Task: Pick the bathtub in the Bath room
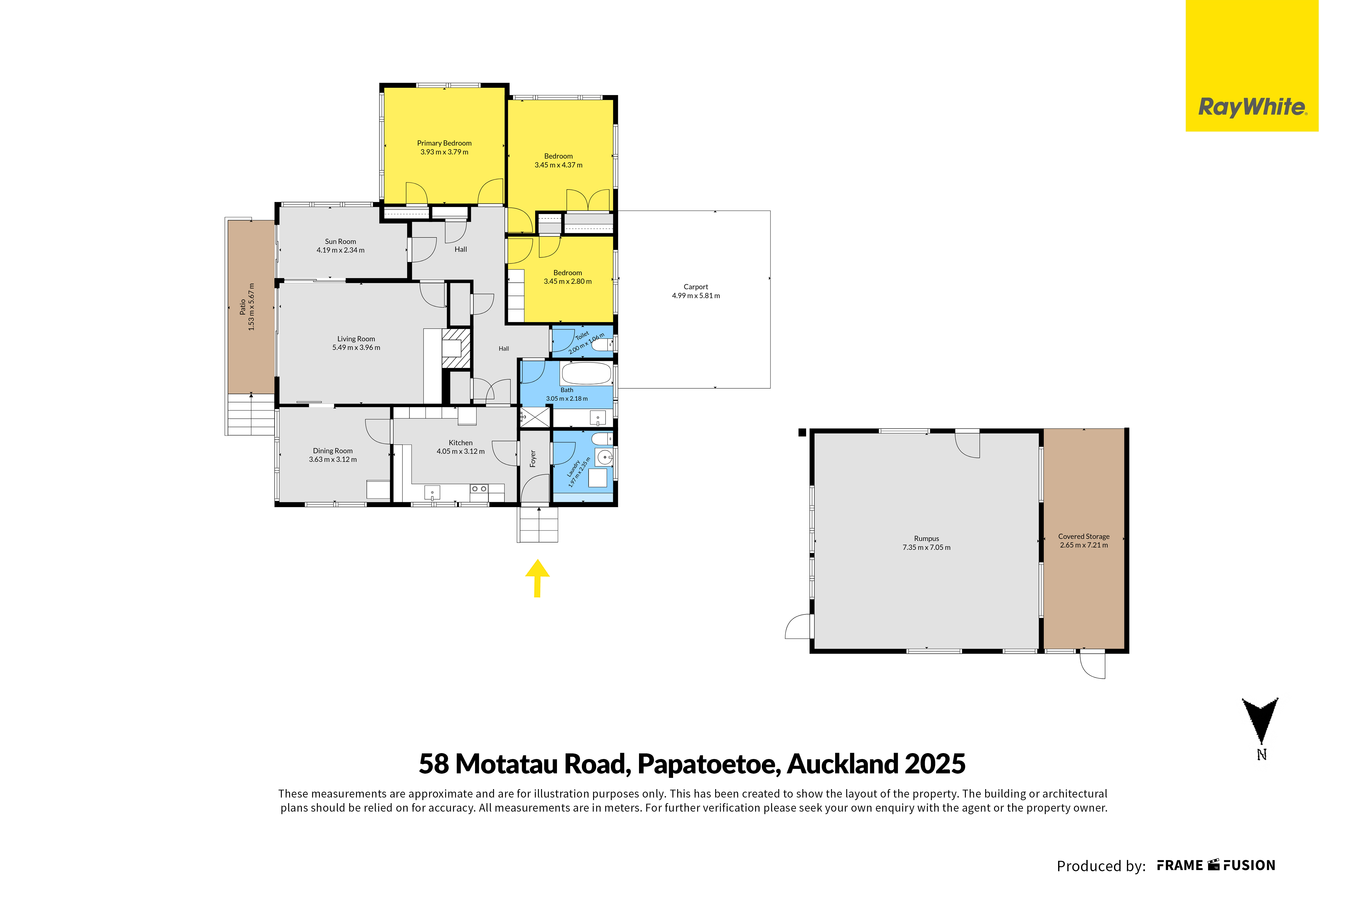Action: click(x=586, y=373)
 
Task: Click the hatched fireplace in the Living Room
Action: click(x=456, y=348)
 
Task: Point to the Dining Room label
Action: click(x=333, y=451)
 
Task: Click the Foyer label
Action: click(x=533, y=459)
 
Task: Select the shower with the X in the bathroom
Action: click(x=535, y=417)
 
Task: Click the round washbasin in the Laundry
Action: click(x=604, y=458)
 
